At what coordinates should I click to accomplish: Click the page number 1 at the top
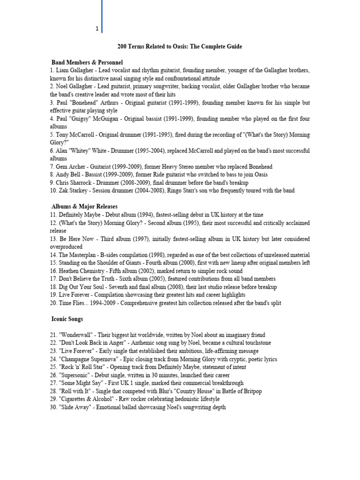click(x=97, y=29)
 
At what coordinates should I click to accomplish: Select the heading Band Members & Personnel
click(x=87, y=62)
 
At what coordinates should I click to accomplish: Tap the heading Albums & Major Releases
click(x=84, y=206)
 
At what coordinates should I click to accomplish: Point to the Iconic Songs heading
click(x=67, y=319)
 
